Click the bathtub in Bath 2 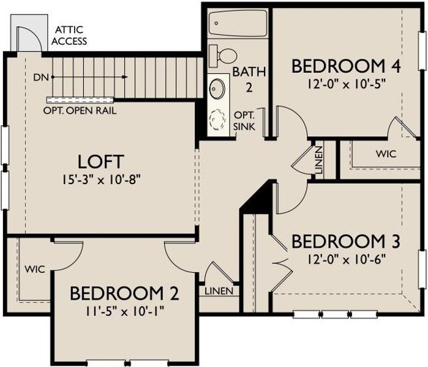click(236, 24)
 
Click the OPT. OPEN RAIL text click(80, 111)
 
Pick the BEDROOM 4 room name click(345, 65)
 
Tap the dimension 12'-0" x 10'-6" click(345, 258)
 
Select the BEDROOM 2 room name click(124, 294)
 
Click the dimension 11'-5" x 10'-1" click(124, 311)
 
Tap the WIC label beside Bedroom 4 click(387, 153)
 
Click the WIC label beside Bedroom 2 click(35, 269)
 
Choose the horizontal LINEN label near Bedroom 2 click(219, 291)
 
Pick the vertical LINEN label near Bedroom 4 click(319, 160)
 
